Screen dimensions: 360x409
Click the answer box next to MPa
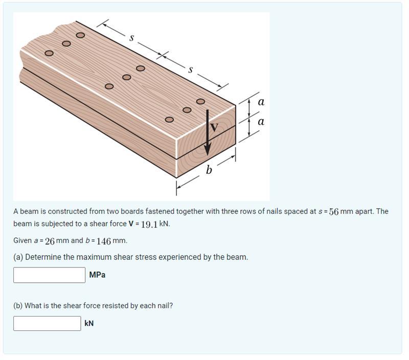[49, 275]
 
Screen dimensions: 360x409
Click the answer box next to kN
[47, 323]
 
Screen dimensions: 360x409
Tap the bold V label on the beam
[215, 128]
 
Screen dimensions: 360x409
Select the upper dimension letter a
[261, 102]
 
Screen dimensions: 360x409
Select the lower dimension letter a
[261, 122]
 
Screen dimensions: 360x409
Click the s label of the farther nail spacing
[132, 37]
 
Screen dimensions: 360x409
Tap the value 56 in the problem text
[334, 211]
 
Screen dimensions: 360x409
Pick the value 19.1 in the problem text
[148, 224]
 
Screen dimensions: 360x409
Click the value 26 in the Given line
[50, 241]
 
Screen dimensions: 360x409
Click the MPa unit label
[97, 275]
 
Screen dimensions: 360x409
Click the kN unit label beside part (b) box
[89, 323]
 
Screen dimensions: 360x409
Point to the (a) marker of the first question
[18, 257]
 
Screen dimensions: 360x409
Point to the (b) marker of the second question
[18, 306]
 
